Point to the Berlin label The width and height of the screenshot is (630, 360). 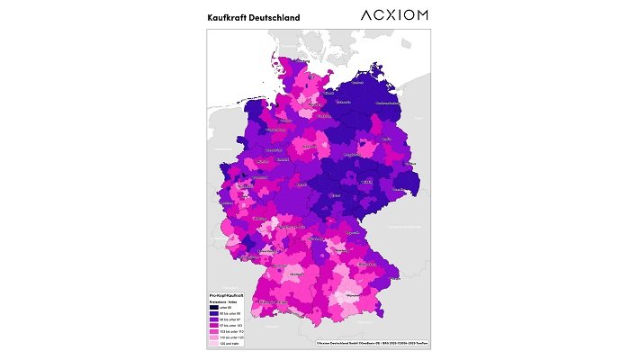pyautogui.click(x=384, y=141)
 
